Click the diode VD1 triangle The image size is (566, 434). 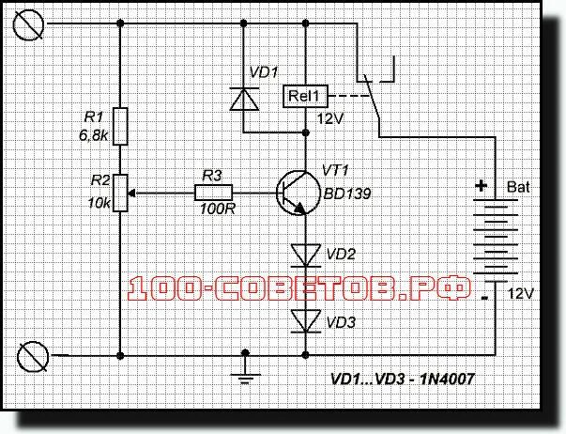click(x=244, y=98)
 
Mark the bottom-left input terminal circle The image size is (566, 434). click(x=35, y=357)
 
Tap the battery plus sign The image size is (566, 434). click(x=482, y=187)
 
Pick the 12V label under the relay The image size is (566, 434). click(x=331, y=119)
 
